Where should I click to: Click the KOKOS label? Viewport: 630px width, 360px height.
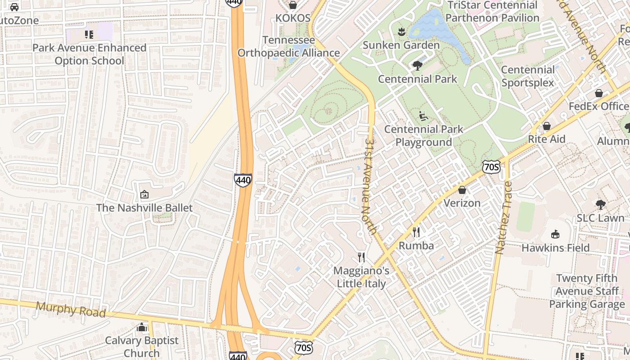(293, 18)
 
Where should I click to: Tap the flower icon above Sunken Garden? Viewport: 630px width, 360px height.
(401, 31)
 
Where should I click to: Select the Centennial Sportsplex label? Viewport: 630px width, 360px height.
(528, 76)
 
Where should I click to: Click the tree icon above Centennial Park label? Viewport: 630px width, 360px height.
(418, 66)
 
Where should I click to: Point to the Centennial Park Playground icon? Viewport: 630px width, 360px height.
(423, 116)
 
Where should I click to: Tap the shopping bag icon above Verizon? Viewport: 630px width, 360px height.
(462, 190)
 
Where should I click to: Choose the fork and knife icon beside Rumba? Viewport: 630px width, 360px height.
(416, 232)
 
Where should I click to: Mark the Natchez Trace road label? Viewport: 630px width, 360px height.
(504, 218)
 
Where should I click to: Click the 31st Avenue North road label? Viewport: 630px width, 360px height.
(371, 185)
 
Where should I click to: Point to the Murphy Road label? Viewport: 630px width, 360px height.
(71, 310)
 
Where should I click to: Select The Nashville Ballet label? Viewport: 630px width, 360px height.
(144, 208)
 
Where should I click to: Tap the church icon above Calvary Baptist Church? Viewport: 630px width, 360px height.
(142, 327)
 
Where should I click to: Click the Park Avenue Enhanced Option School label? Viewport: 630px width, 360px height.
(89, 54)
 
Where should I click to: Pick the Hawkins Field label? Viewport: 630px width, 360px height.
(555, 248)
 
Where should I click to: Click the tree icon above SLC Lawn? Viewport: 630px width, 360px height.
(600, 205)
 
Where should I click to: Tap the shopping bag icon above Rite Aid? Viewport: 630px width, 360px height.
(547, 126)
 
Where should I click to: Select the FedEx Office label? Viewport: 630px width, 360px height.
(598, 106)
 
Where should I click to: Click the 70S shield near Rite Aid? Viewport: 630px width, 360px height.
(490, 167)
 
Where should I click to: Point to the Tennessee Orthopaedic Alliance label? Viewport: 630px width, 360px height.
(288, 46)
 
